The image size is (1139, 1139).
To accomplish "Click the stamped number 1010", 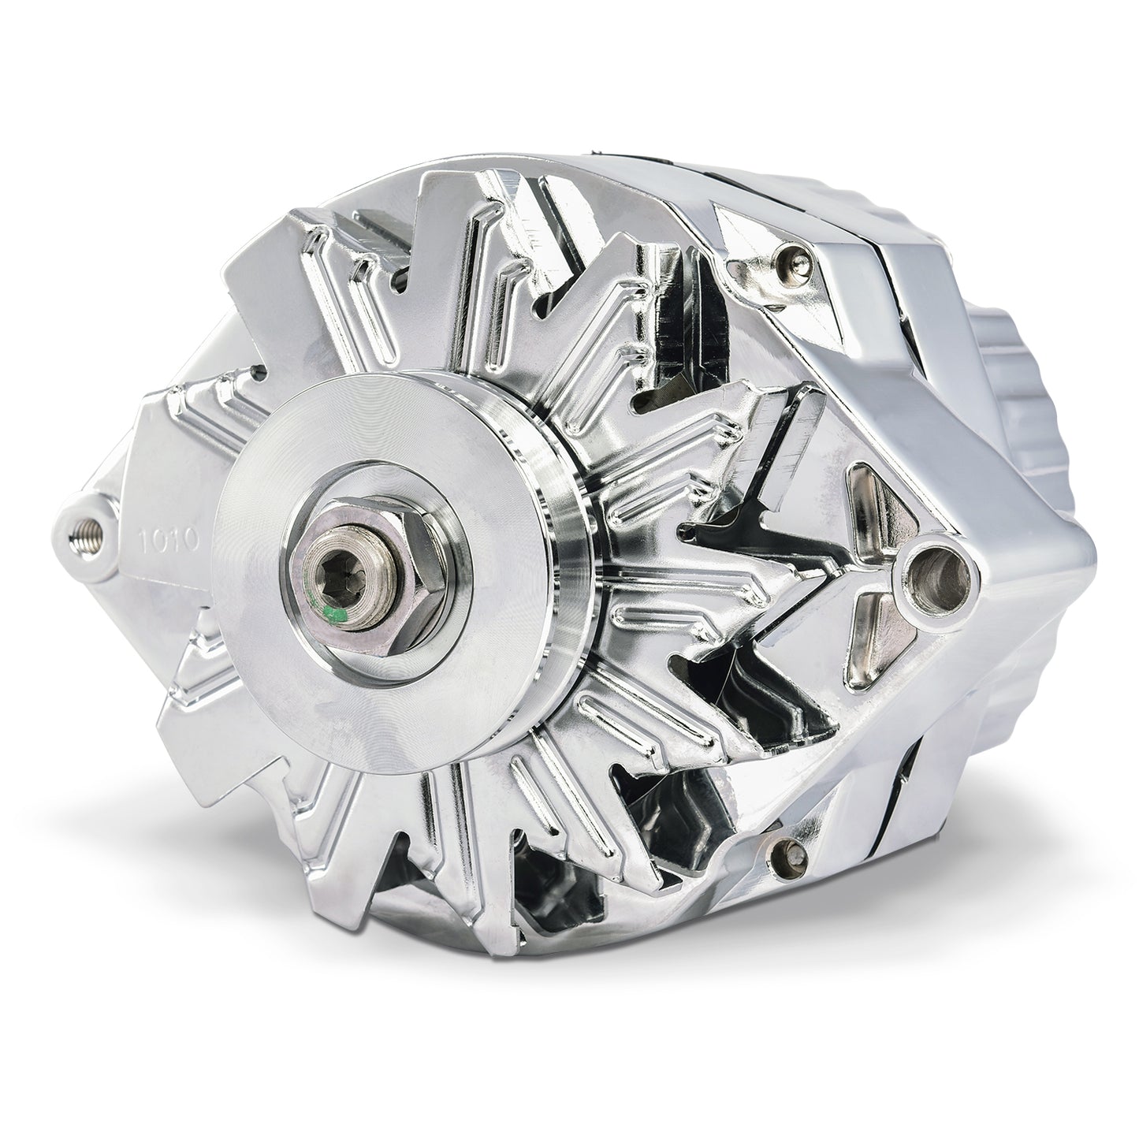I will pyautogui.click(x=170, y=542).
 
